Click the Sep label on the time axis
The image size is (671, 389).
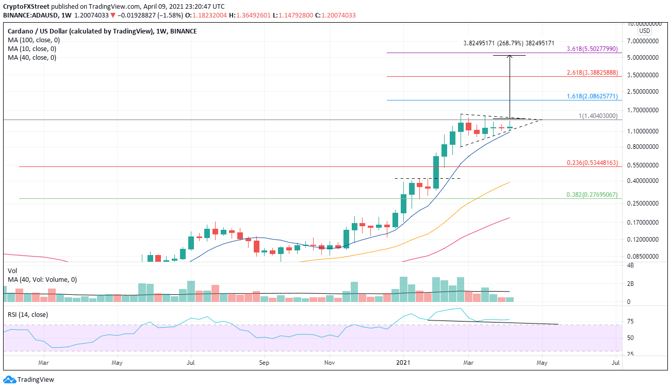click(x=264, y=362)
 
